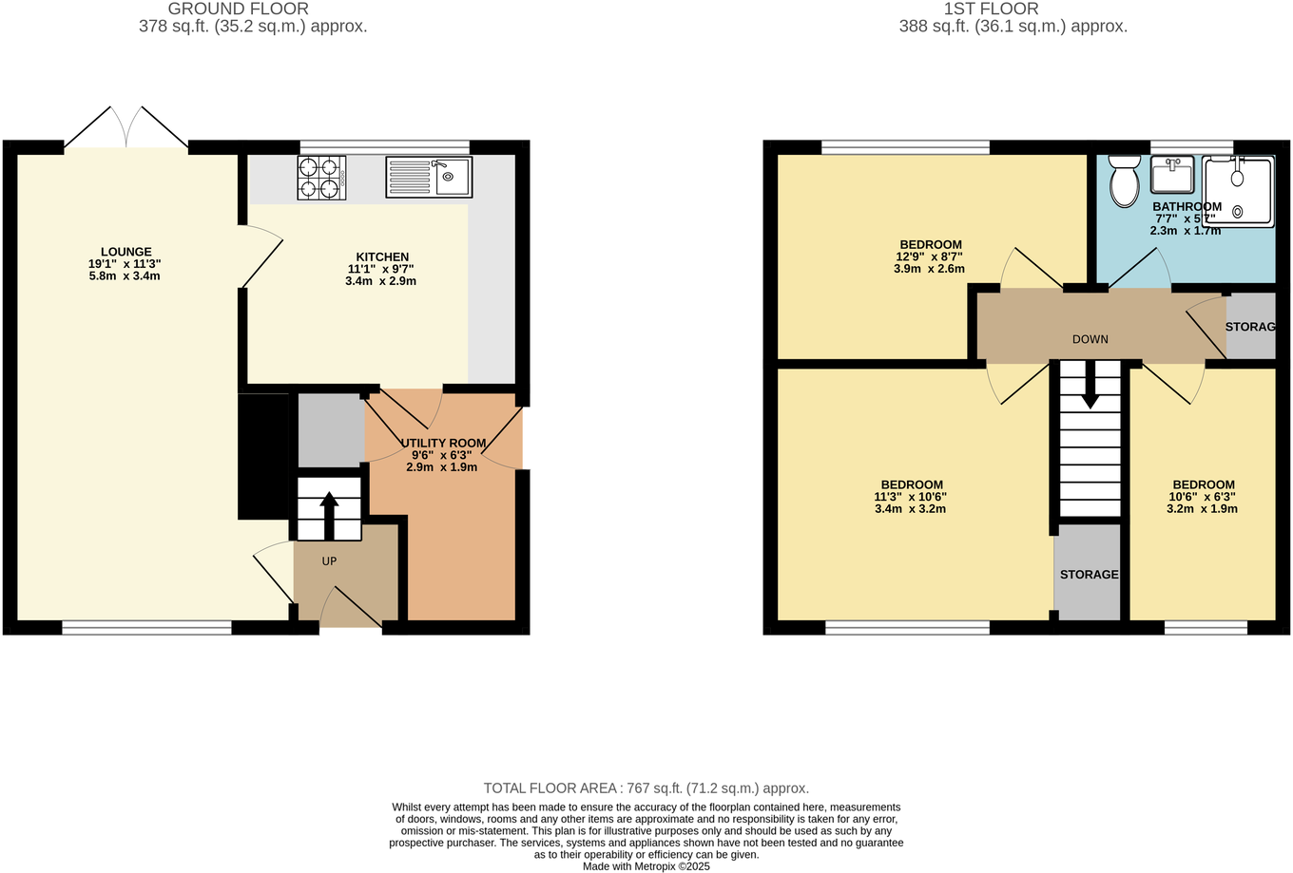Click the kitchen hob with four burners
[321, 178]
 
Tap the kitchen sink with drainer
[429, 178]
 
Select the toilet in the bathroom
[1124, 180]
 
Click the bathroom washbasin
[1172, 175]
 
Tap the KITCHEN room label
[382, 256]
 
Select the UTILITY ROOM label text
[443, 443]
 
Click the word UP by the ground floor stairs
[329, 561]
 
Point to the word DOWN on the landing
[1090, 339]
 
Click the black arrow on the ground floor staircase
[329, 514]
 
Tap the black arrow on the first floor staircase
[1090, 389]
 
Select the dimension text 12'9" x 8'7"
[929, 256]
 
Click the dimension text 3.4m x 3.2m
[910, 508]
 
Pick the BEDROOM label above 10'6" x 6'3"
[1203, 484]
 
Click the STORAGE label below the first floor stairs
[1089, 575]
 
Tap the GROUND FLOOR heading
[238, 9]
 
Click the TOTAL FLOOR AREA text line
[646, 788]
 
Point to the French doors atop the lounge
[126, 128]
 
